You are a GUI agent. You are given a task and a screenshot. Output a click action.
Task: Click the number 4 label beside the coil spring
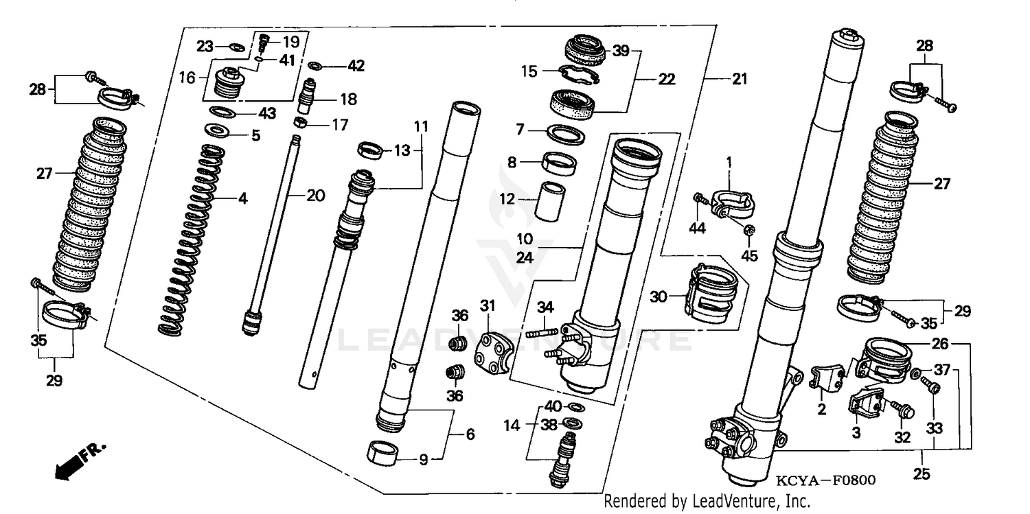242,200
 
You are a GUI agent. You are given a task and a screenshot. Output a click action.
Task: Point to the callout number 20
314,196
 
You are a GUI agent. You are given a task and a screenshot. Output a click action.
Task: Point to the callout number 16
187,77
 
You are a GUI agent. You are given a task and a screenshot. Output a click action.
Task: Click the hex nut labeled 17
299,123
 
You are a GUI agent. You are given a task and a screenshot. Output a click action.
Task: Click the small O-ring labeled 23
235,47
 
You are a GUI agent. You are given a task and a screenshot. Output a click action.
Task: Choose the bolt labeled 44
698,199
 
